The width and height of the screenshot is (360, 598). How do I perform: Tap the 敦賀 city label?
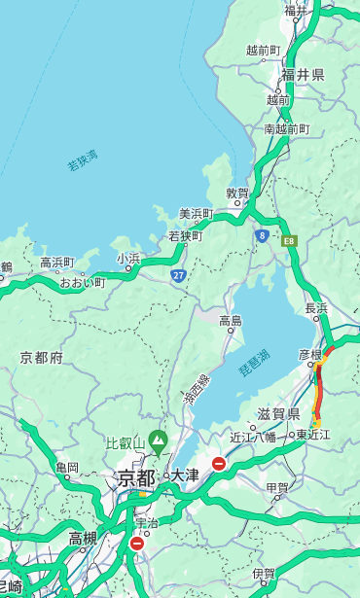point(237,193)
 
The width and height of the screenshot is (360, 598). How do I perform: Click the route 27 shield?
point(179,275)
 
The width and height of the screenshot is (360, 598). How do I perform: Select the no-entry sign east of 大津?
point(219,464)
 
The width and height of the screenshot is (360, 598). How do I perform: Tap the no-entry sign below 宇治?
point(136,544)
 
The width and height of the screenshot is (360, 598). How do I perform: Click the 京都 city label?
point(136,477)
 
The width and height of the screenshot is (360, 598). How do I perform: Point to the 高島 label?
point(231,321)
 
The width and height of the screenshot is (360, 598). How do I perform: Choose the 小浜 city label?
point(128,259)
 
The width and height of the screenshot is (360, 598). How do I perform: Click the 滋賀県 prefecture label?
point(279,414)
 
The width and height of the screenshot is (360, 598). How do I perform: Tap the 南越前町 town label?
point(286,128)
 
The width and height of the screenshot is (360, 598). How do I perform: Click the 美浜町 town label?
point(197,214)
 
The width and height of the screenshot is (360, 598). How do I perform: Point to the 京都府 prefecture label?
point(42,358)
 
